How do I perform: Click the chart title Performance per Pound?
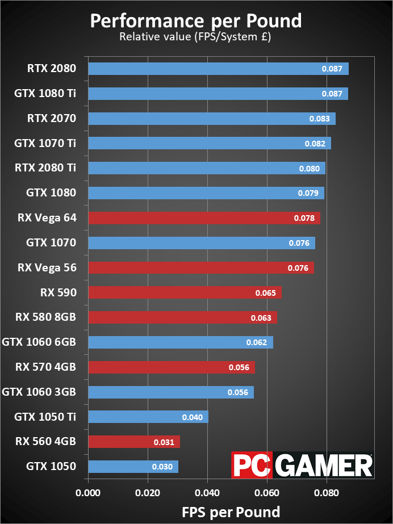click(196, 21)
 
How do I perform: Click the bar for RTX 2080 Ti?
click(207, 168)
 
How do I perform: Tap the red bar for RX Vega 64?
click(204, 218)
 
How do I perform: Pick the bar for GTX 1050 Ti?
click(148, 417)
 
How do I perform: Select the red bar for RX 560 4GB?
click(134, 442)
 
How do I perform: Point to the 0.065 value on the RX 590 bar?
click(266, 293)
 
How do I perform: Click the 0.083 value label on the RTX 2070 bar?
click(319, 119)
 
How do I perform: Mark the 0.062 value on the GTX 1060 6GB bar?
click(257, 343)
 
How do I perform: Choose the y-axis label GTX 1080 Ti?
click(45, 94)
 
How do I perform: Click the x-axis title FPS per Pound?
click(231, 512)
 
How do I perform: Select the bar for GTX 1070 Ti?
click(210, 143)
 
